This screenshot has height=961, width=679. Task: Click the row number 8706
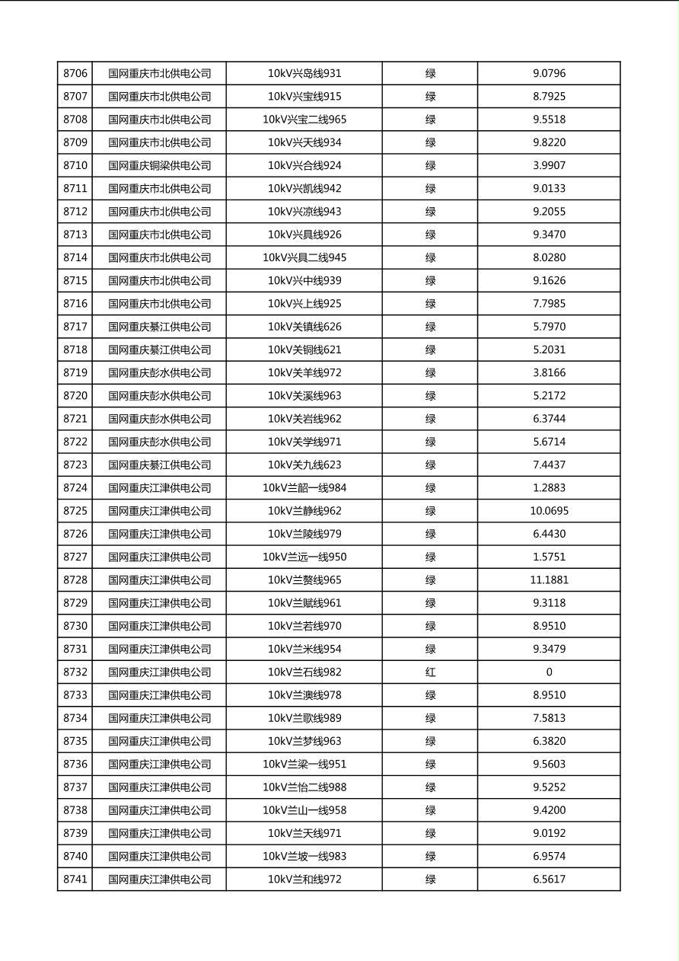[x=75, y=74]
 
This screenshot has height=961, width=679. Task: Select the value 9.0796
[x=549, y=74]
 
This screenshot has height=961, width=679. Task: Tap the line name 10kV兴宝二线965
[x=304, y=120]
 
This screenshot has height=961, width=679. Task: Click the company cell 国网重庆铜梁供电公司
[x=159, y=165]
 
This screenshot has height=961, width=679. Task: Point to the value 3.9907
[x=549, y=165]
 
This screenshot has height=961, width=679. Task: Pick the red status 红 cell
[x=430, y=672]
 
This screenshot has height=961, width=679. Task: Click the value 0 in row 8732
[x=549, y=672]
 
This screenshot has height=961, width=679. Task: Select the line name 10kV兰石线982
[x=304, y=672]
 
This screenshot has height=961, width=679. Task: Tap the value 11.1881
[x=549, y=580]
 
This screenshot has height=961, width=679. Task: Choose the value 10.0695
[x=549, y=511]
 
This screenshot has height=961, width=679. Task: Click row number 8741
[x=75, y=880]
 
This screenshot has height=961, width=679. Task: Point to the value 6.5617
[x=549, y=880]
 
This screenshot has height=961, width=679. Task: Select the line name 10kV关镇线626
[x=304, y=327]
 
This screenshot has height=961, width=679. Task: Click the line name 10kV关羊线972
[x=304, y=373]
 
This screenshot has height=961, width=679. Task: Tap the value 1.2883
[x=549, y=488]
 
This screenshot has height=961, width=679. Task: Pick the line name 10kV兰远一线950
[x=304, y=557]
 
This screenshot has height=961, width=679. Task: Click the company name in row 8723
[x=159, y=465]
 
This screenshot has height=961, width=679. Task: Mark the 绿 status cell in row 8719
[x=430, y=373]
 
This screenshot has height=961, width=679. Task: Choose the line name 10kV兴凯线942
[x=304, y=189]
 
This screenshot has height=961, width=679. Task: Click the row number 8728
[x=75, y=580]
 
